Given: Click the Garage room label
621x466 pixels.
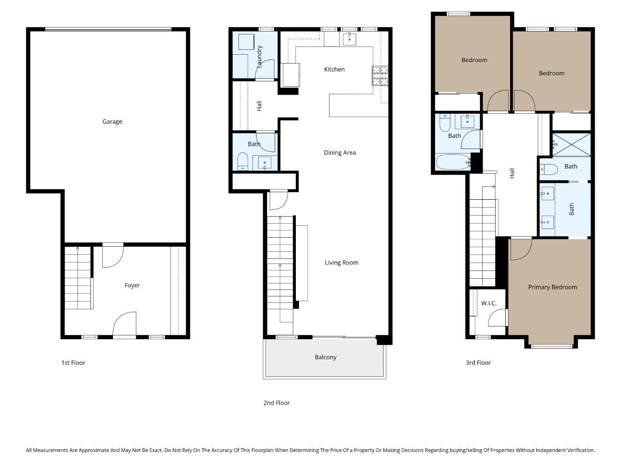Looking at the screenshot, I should (112, 122).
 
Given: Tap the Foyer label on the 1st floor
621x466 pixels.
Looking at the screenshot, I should (132, 285).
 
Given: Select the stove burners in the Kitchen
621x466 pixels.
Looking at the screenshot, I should (380, 76).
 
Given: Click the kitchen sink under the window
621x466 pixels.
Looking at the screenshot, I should (349, 38).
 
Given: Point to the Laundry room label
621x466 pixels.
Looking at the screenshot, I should (259, 57).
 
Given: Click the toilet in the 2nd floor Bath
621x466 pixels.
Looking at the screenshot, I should (243, 161).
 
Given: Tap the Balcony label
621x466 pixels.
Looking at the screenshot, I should (325, 357).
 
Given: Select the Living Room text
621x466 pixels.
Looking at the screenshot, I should (341, 263).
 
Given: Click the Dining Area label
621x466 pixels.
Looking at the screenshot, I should (339, 153).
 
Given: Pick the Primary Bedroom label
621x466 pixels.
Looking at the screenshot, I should (552, 287).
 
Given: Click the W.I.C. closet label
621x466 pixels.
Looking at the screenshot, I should (489, 303).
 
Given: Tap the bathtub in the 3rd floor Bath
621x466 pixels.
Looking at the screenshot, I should (452, 163).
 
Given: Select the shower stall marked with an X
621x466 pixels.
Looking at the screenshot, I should (571, 145).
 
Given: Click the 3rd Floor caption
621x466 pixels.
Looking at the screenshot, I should (478, 363).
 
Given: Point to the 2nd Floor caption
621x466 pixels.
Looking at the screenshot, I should (276, 403).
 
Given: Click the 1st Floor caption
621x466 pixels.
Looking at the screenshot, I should (73, 363).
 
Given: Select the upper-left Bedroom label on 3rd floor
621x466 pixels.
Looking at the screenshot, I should (474, 60).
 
